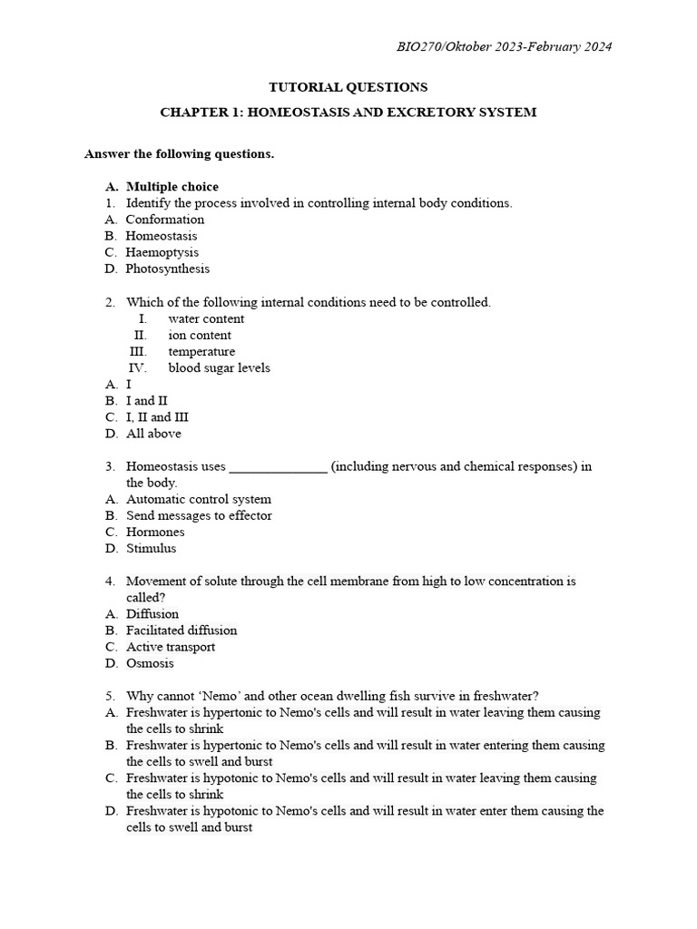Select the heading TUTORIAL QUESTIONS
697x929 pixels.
coord(348,87)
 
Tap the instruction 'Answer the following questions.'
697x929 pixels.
coord(179,154)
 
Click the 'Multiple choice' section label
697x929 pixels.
coord(172,187)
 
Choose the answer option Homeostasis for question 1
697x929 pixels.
coord(161,236)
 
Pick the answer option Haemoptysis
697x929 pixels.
coord(162,252)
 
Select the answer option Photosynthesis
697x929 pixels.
coord(167,269)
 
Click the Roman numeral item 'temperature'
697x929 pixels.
coord(201,351)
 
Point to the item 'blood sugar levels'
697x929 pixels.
coord(219,367)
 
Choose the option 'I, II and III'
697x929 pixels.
coord(157,417)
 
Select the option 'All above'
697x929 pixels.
coord(153,434)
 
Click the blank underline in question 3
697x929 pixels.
coord(278,468)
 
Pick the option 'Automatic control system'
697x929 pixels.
coord(198,499)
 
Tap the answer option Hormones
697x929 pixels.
coord(155,532)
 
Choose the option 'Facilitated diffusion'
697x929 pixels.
coord(182,631)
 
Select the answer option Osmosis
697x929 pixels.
coord(150,663)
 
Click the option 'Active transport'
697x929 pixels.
coord(171,647)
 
